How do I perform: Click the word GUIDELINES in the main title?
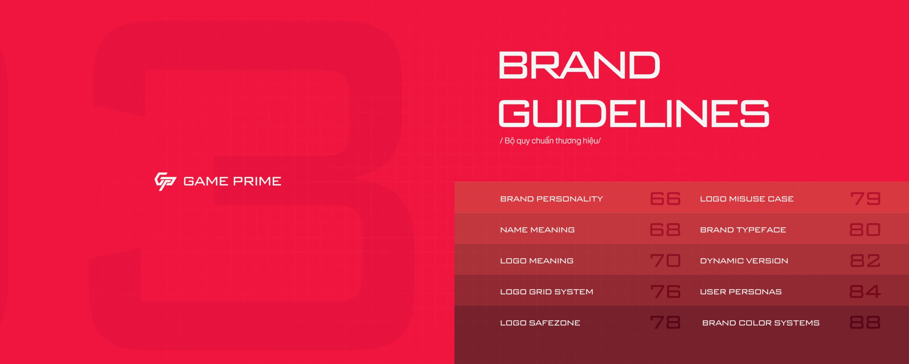point(634,113)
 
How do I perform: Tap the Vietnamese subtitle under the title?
point(550,141)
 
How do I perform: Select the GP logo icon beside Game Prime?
point(165,181)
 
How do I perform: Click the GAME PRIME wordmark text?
point(232,181)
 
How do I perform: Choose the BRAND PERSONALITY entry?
point(551,199)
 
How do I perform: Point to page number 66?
point(665,199)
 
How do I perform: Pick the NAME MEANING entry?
point(537,230)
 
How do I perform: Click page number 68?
point(665,230)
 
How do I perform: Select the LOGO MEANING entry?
point(537,261)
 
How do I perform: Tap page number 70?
point(665,261)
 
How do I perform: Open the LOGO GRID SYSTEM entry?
point(546,291)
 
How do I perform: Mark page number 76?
point(665,291)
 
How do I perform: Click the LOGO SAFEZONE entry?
point(540,323)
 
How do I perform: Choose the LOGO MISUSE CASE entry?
point(747,199)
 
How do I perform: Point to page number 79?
point(865,199)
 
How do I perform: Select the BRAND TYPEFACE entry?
point(743,230)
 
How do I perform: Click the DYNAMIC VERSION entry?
point(744,261)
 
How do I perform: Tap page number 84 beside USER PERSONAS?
point(865,291)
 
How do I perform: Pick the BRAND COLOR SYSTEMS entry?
point(761,323)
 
